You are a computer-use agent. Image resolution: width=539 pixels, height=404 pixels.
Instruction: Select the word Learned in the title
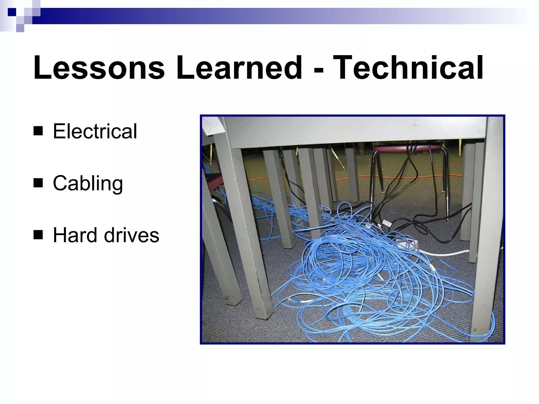point(239,68)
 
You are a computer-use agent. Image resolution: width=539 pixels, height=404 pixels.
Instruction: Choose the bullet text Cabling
point(88,183)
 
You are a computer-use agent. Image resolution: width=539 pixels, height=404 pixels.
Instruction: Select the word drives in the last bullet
point(132,235)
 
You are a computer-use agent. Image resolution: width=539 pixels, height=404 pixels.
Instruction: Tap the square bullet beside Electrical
point(38,131)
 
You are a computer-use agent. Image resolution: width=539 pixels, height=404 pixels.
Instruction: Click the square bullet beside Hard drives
point(38,235)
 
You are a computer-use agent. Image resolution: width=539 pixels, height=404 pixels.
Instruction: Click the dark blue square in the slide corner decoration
point(12,12)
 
